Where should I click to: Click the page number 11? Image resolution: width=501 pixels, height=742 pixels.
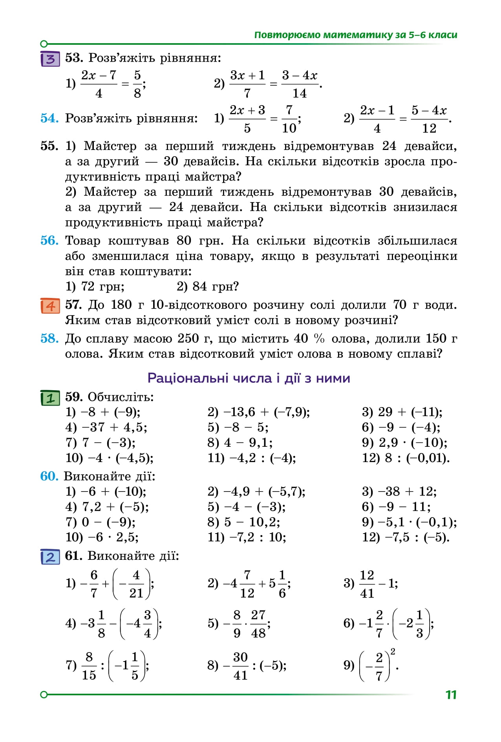(x=451, y=694)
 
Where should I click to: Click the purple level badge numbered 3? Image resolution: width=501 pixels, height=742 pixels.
(x=50, y=59)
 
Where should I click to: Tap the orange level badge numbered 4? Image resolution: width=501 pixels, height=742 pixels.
(x=50, y=306)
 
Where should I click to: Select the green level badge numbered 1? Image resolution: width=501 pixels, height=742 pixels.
(x=50, y=398)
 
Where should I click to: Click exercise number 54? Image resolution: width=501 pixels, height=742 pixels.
(x=49, y=118)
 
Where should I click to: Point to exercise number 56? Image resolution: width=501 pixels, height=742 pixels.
(x=49, y=241)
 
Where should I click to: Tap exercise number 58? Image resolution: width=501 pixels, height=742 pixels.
(x=49, y=338)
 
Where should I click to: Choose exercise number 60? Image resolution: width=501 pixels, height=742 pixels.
(x=49, y=476)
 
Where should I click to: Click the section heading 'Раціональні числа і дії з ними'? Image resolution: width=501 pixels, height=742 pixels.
(x=249, y=378)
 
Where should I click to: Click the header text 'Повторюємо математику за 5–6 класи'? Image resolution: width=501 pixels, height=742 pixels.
(x=355, y=35)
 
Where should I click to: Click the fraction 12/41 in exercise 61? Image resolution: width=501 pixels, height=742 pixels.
(x=367, y=584)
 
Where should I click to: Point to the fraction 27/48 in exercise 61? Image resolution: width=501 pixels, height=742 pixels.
(x=258, y=624)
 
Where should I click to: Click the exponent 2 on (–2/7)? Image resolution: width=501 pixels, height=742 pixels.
(x=393, y=652)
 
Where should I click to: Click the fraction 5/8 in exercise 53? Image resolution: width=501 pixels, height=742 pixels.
(x=137, y=84)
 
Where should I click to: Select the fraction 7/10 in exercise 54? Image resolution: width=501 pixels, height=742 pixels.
(x=289, y=119)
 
